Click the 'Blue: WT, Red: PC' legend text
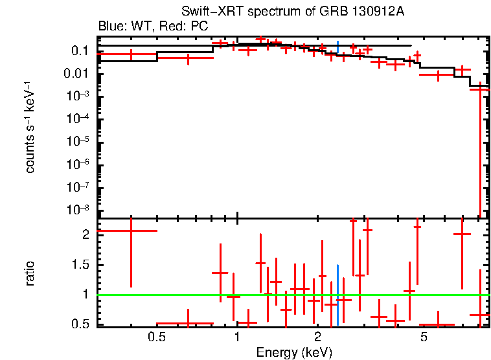click(152, 27)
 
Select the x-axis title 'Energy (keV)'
click(294, 353)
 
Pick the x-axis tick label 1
click(237, 337)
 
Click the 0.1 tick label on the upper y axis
click(79, 51)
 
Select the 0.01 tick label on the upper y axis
click(76, 74)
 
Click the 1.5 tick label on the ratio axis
click(79, 265)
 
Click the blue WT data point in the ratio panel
click(337, 295)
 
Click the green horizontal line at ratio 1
click(194, 295)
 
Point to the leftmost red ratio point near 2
click(131, 231)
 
